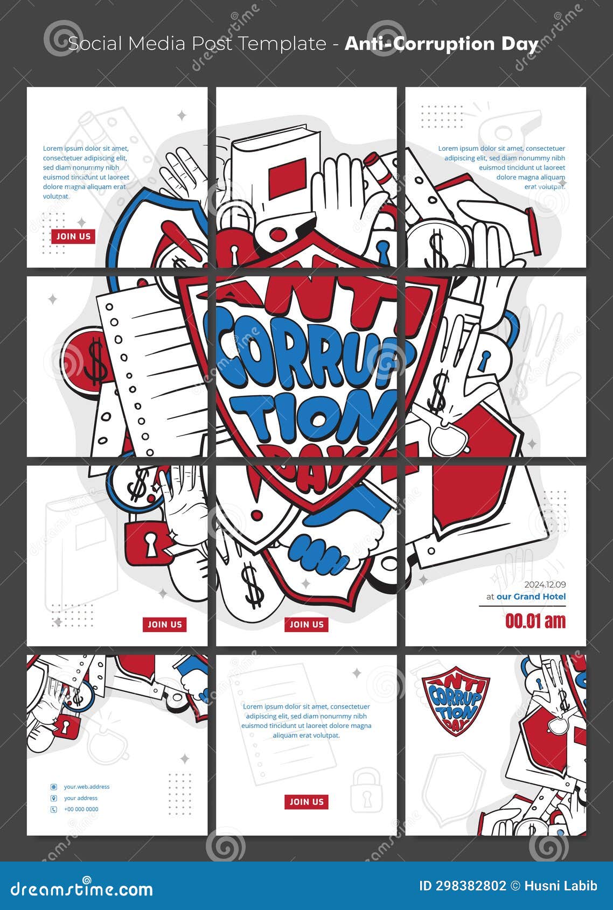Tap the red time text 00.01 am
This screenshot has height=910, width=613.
[535, 621]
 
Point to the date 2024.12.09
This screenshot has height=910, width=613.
[545, 584]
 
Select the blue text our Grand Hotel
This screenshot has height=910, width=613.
[531, 597]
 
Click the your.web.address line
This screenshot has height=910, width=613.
[87, 787]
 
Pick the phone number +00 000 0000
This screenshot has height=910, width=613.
[81, 809]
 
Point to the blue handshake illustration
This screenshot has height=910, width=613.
[318, 555]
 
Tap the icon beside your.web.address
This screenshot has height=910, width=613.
[54, 787]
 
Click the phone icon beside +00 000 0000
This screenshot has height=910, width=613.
[54, 809]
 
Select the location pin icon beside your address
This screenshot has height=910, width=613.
[54, 799]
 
